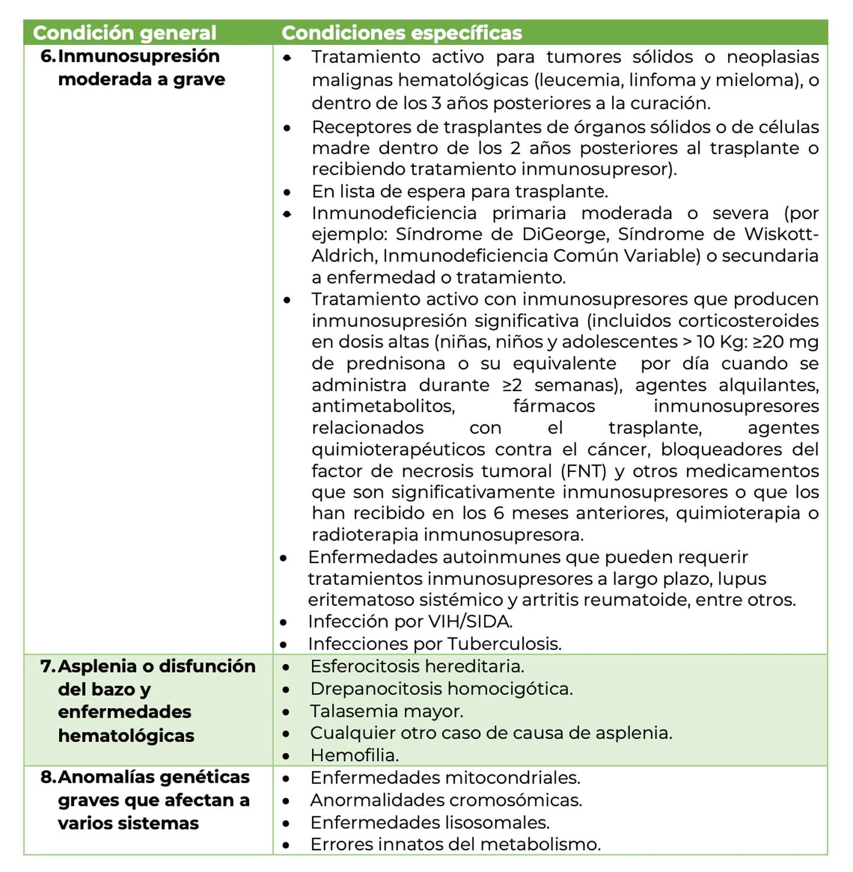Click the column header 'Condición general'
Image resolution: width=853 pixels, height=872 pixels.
pyautogui.click(x=124, y=33)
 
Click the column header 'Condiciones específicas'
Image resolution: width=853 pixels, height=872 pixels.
pyautogui.click(x=402, y=33)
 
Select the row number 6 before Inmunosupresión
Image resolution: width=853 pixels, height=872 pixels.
pyautogui.click(x=47, y=56)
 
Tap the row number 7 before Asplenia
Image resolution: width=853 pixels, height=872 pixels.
pyautogui.click(x=48, y=667)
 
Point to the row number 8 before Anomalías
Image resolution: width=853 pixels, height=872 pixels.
pyautogui.click(x=48, y=777)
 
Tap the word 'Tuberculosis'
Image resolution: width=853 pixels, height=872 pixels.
pyautogui.click(x=504, y=643)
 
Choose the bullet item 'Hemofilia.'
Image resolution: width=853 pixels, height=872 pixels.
pyautogui.click(x=354, y=755)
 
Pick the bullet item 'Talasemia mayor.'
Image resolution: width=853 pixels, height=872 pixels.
pyautogui.click(x=386, y=711)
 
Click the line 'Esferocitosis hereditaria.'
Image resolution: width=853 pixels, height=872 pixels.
pyautogui.click(x=417, y=667)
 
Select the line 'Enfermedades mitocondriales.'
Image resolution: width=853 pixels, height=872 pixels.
pyautogui.click(x=445, y=778)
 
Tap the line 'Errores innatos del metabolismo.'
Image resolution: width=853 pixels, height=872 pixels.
pyautogui.click(x=455, y=844)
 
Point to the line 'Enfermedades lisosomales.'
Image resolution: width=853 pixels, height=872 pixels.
pyautogui.click(x=429, y=822)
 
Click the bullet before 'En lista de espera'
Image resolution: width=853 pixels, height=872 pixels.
pyautogui.click(x=287, y=192)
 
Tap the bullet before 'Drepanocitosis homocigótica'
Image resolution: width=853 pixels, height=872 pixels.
pyautogui.click(x=287, y=690)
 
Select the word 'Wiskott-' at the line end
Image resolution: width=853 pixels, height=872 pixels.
pyautogui.click(x=781, y=234)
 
